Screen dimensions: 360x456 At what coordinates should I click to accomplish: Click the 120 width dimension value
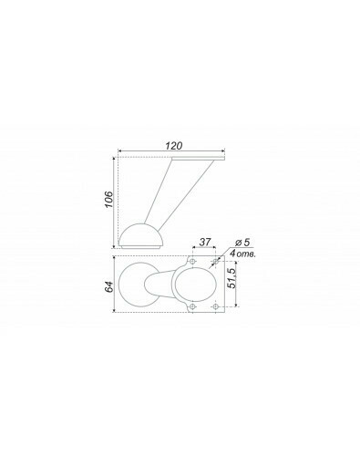click(174, 146)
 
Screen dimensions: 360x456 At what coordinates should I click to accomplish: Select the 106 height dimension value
click(108, 200)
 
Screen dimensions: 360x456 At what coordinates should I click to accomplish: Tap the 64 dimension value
click(108, 286)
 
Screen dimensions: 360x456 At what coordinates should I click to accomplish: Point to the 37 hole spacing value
click(205, 242)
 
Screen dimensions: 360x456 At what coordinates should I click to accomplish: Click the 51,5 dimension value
click(232, 278)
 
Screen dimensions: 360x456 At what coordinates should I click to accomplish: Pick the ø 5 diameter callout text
click(242, 243)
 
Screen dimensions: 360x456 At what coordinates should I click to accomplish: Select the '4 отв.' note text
click(242, 254)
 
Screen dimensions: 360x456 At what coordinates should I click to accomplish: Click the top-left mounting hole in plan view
click(192, 261)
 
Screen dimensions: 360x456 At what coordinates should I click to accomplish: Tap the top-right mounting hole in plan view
click(215, 261)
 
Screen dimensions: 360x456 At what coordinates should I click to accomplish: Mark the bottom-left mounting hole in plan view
click(192, 306)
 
